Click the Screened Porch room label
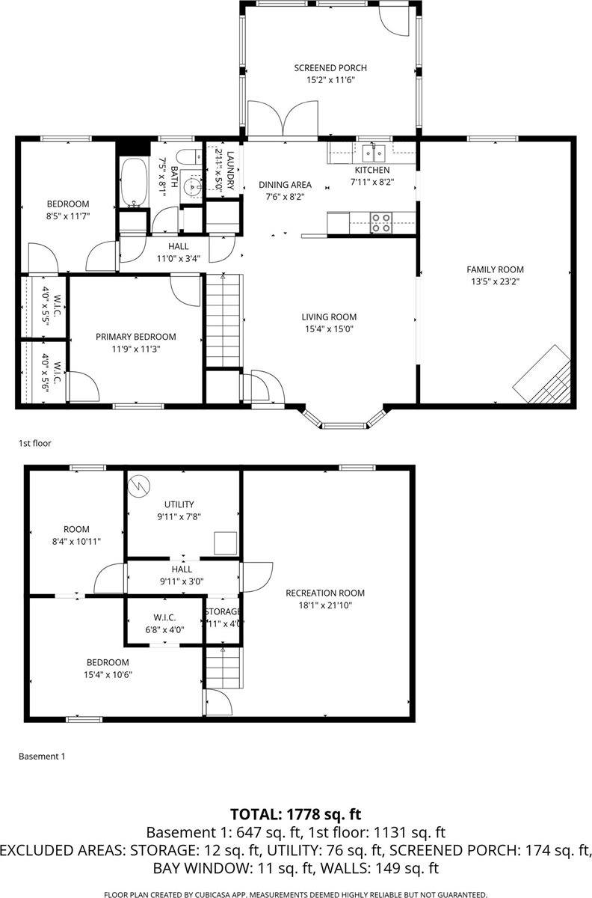330,68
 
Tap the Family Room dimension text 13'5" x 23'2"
495,282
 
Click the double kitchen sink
374,153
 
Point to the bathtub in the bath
135,182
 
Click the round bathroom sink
192,186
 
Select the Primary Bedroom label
135,337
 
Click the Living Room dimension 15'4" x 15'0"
329,329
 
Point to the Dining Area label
285,185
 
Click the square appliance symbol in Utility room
225,541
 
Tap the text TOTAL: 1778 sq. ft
296,814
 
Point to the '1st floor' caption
34,443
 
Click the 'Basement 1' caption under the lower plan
42,757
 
